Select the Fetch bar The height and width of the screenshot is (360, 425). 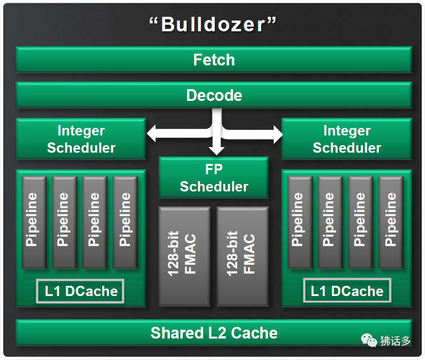point(214,60)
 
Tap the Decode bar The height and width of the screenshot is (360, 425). point(214,95)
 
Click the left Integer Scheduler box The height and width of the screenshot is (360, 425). point(81,139)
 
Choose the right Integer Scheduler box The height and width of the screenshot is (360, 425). point(347,139)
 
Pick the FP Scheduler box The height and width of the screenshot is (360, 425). point(214,178)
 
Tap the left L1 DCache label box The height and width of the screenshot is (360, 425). point(81,291)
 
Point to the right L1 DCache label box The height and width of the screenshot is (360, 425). point(347,291)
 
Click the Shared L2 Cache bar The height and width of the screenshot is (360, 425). point(214,333)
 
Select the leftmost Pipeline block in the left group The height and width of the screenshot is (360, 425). point(33,222)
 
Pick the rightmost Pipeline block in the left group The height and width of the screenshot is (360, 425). point(125,222)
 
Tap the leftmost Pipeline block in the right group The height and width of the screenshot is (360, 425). point(299,222)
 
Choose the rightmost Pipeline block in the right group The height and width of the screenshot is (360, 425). point(390,222)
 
